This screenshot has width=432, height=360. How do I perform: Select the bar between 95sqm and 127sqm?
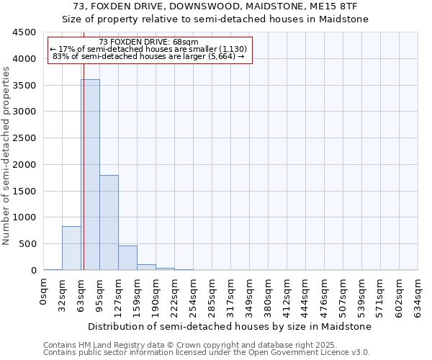point(109,222)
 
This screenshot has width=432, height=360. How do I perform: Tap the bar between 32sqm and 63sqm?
point(71,248)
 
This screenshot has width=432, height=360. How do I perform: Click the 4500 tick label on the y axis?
point(24,32)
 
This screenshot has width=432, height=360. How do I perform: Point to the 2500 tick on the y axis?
point(24,138)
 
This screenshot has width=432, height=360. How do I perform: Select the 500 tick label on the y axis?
point(27,244)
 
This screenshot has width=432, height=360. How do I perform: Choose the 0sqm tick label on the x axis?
point(44,292)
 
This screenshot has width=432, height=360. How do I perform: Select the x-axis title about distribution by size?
point(230,326)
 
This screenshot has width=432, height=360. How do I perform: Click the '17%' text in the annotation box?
point(66,49)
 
